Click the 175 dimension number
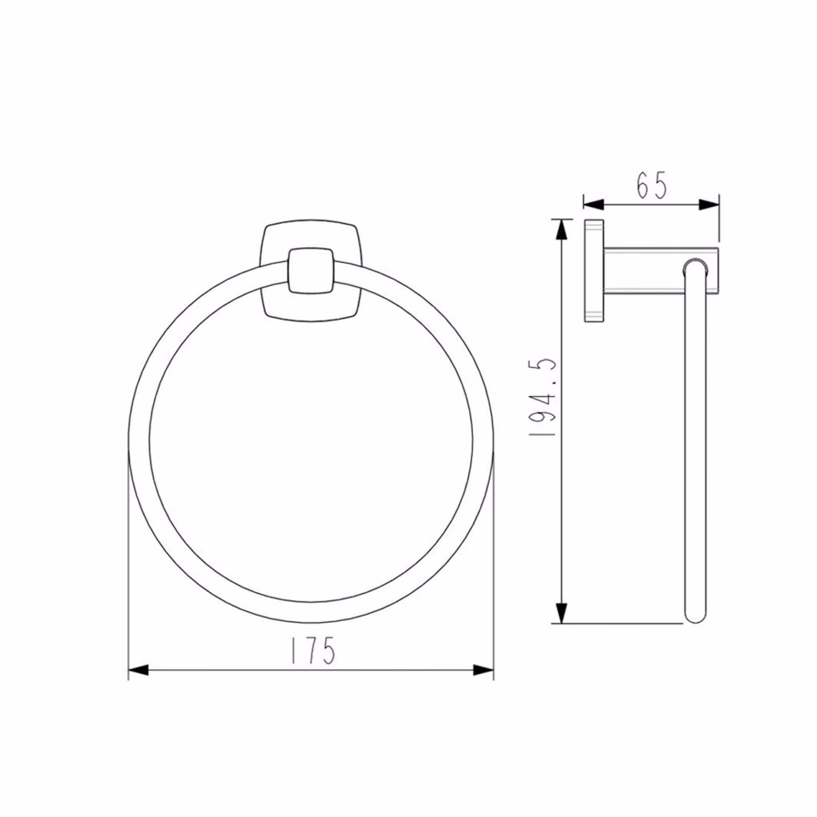313,650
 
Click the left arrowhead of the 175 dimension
138,670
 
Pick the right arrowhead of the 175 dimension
484,670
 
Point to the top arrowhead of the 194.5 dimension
561,229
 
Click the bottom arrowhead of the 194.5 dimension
561,613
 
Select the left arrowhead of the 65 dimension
593,205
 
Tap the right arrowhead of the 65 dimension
709,205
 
